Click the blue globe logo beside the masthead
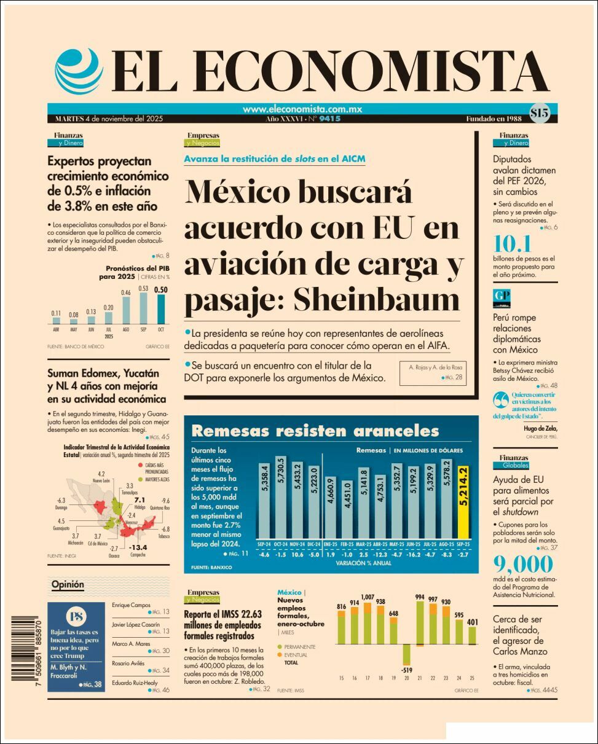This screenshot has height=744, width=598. tap(79, 70)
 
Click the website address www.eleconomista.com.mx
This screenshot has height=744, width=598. tap(302, 109)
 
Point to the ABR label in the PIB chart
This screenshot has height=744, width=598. tap(56, 329)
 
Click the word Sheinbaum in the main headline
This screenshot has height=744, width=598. tap(376, 300)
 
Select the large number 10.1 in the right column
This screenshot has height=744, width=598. tap(512, 244)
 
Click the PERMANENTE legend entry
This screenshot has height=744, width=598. tap(301, 647)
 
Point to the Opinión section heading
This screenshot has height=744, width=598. tap(68, 584)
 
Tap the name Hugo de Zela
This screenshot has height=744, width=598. tap(539, 428)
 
